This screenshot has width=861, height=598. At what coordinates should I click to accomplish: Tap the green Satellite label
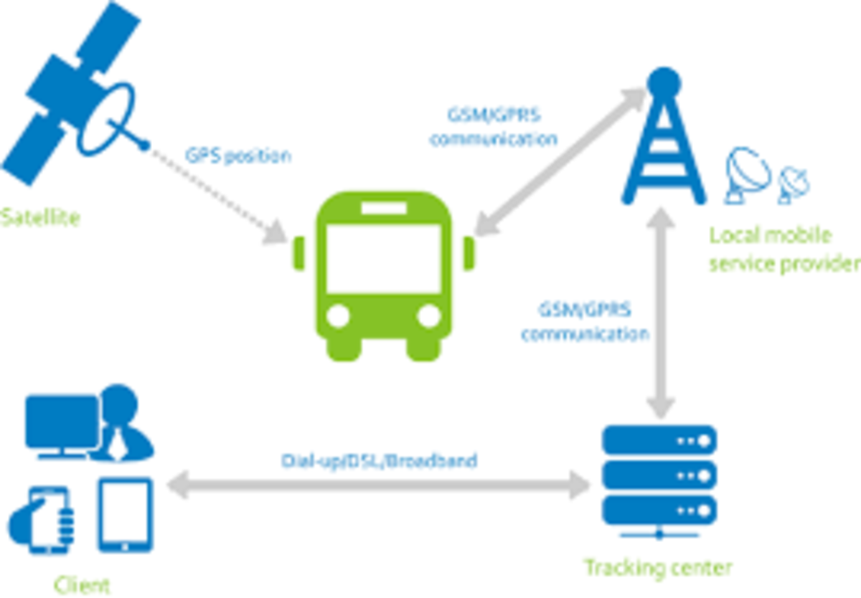pos(39,217)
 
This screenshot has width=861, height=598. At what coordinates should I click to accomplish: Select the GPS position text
pos(238,156)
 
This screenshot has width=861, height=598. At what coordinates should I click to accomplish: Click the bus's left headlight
pos(338,315)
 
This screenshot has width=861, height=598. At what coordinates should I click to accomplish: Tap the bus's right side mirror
pos(469,254)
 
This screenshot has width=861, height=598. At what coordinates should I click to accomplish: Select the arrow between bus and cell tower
pos(560,162)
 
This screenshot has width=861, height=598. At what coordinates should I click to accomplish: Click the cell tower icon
pos(664,143)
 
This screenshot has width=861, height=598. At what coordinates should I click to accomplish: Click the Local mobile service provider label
pos(782,250)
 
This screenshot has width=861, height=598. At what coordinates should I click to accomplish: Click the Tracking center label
pos(657,568)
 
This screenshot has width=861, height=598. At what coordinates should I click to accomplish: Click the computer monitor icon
pos(62,423)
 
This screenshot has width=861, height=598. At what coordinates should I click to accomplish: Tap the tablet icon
pos(125,515)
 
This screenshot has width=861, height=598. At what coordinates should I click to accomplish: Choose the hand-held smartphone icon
pos(47,519)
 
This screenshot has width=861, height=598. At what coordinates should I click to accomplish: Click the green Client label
pos(83,584)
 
